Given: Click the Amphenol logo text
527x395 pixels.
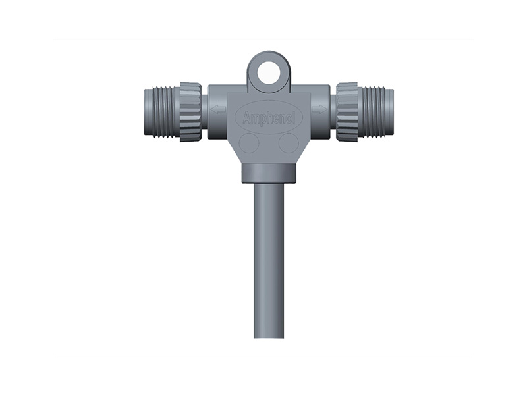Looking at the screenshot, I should (x=269, y=118).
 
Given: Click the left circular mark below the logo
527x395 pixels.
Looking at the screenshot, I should (x=248, y=143).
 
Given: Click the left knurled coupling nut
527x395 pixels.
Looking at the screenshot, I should (x=190, y=112).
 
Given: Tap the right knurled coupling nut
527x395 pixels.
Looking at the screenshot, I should (x=347, y=112).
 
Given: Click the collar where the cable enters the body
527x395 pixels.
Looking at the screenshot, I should (x=269, y=174).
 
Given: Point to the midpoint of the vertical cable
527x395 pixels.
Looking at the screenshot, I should (x=269, y=260).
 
